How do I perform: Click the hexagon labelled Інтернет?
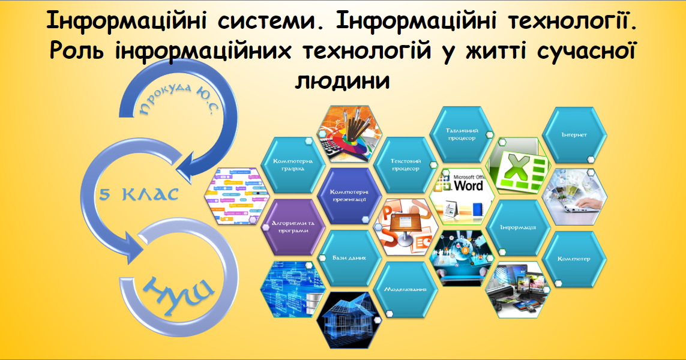coord(574,136)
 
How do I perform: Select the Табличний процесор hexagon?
coord(461,135)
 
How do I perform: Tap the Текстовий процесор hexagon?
coord(405,166)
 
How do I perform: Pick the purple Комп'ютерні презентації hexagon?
coord(349,196)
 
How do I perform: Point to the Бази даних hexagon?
coord(349,257)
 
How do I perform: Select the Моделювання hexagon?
coord(405,289)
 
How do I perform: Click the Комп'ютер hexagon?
coord(574,259)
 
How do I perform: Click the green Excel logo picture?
coord(517,167)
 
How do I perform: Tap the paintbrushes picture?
coord(349,134)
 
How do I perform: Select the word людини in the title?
coord(343,80)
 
